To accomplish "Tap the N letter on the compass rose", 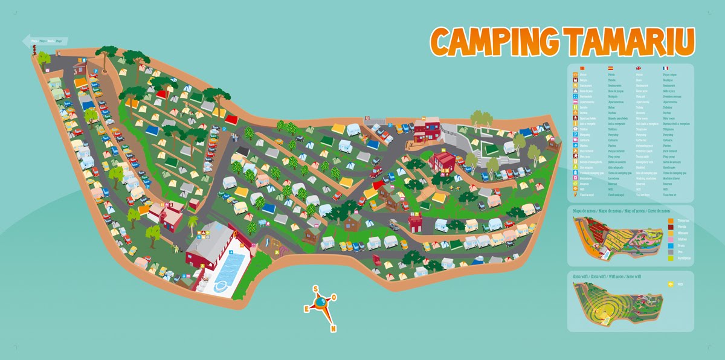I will click(333, 329).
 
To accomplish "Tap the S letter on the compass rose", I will click(315, 289).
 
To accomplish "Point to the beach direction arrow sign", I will click(45, 41).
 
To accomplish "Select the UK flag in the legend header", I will click(639, 68).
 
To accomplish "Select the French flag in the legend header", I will click(666, 68).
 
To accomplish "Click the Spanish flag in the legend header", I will click(611, 68).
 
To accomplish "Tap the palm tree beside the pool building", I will click(192, 223).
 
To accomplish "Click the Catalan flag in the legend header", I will click(582, 68).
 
